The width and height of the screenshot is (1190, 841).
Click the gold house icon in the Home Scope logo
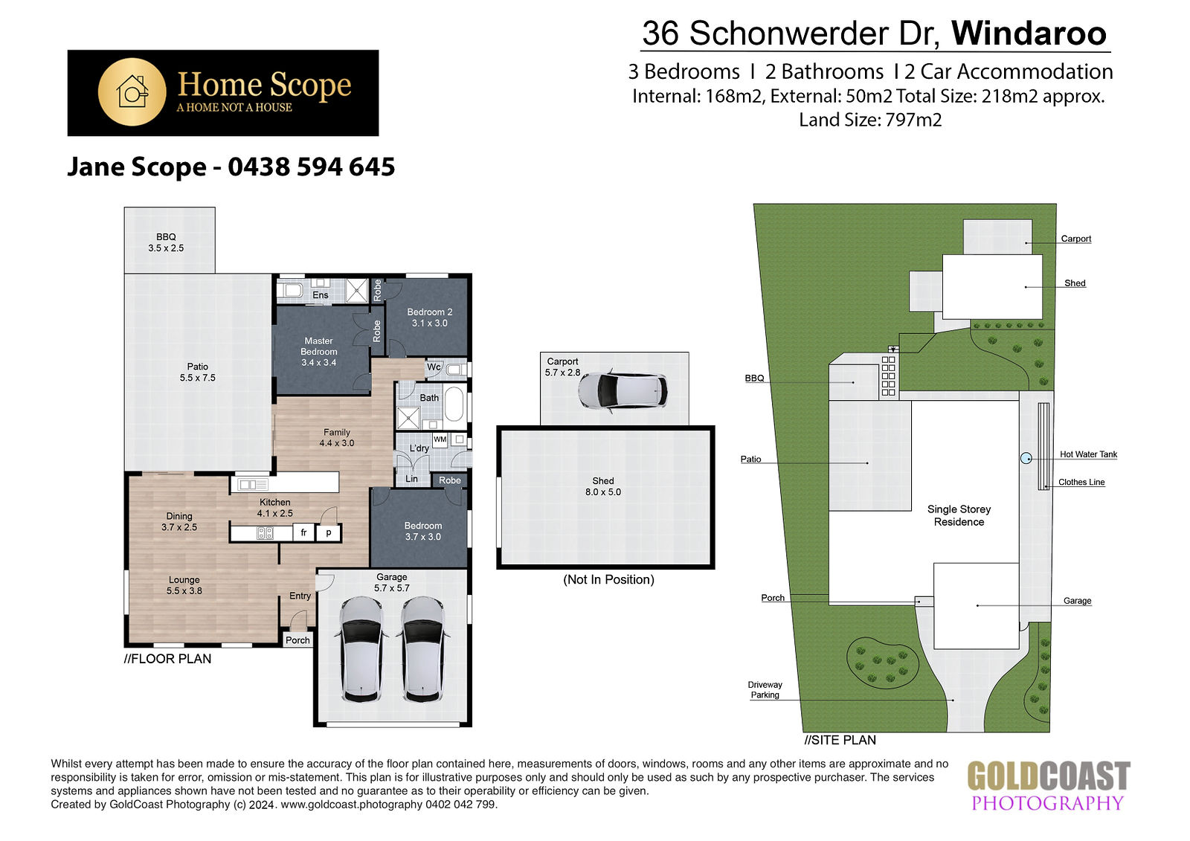tap(132, 92)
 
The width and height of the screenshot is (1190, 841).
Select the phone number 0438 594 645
tap(312, 167)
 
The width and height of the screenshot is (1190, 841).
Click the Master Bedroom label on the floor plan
tap(319, 352)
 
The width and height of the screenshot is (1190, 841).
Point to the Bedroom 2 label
tap(429, 318)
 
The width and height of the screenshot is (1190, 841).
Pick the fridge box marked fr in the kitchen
tap(304, 532)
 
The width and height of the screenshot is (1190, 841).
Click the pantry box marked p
tap(329, 532)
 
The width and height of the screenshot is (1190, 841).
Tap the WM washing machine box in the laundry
tap(440, 440)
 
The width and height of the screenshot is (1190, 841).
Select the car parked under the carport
tap(623, 390)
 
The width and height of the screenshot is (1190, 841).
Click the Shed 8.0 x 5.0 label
tap(603, 486)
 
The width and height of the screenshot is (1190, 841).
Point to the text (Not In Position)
tap(608, 579)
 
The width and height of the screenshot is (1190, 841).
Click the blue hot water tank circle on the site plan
tap(1026, 458)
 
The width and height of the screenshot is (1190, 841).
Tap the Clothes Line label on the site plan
tap(1081, 483)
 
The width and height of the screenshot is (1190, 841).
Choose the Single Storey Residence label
tap(959, 515)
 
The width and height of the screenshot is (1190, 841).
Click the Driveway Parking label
tap(765, 689)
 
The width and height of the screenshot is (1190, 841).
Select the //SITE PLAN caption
tap(840, 740)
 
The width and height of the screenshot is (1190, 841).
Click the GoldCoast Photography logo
tap(1048, 786)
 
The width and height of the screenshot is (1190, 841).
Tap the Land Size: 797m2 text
tap(870, 120)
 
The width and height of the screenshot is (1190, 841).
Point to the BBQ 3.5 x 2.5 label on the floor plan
tap(166, 242)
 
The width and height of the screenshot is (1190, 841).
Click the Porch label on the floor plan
tap(297, 640)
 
